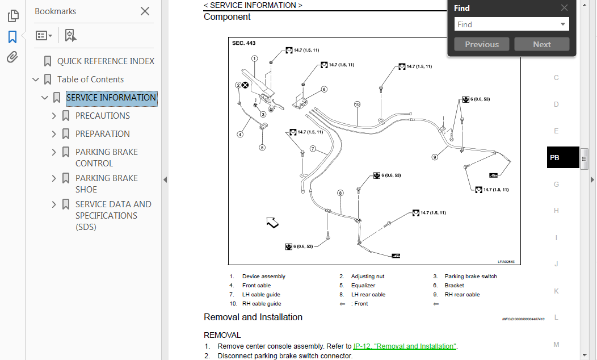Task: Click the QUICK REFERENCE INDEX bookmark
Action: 106,61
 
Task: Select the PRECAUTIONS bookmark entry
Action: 103,116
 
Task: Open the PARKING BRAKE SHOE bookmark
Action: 106,183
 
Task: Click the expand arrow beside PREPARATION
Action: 54,134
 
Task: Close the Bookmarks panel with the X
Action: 145,11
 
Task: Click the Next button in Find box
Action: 541,44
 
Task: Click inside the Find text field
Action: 506,24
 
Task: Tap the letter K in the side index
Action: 556,291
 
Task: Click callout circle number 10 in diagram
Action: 357,104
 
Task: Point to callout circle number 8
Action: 340,193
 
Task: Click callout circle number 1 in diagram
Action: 254,58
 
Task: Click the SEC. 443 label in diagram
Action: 243,43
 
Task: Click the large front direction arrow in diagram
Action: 272,223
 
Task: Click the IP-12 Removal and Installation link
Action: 405,346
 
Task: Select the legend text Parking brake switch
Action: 470,277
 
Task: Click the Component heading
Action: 227,17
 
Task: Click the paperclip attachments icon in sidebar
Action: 12,57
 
